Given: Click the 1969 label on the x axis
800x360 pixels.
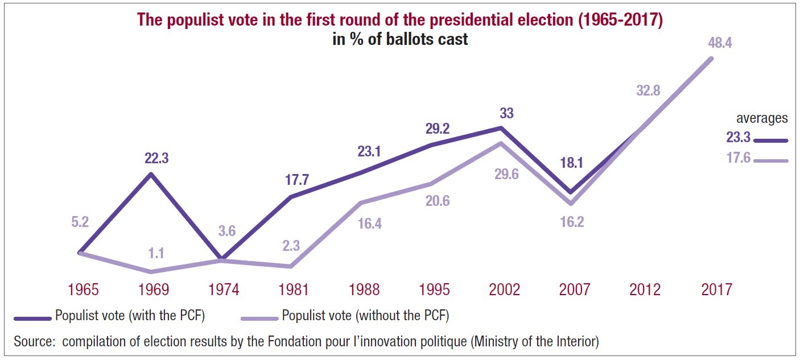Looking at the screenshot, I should (154, 289).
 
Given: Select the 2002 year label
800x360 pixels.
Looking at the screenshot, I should (505, 289).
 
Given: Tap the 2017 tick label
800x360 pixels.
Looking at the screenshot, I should (716, 289).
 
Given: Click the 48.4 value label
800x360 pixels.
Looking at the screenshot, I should (720, 43).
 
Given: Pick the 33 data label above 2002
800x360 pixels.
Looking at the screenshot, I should (506, 113).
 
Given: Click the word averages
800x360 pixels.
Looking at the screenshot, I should (762, 118).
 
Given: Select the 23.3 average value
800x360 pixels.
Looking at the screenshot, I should (738, 136).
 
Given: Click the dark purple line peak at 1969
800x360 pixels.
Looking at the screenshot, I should (151, 173).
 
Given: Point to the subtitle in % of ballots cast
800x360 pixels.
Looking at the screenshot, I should (400, 40).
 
